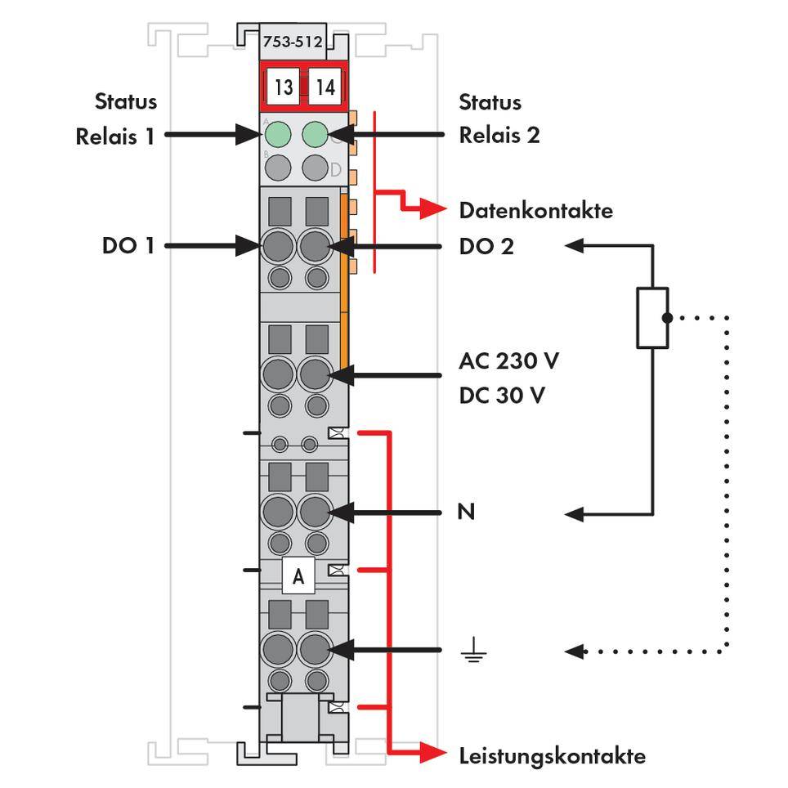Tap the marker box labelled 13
283,87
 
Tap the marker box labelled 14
325,87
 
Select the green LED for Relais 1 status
279,133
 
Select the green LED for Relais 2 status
316,133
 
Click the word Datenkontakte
535,211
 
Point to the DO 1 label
128,245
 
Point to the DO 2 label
486,245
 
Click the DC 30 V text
503,396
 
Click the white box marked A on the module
298,576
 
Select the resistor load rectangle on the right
651,318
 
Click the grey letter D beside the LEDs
335,170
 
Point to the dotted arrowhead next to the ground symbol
575,651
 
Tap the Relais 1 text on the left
115,137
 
